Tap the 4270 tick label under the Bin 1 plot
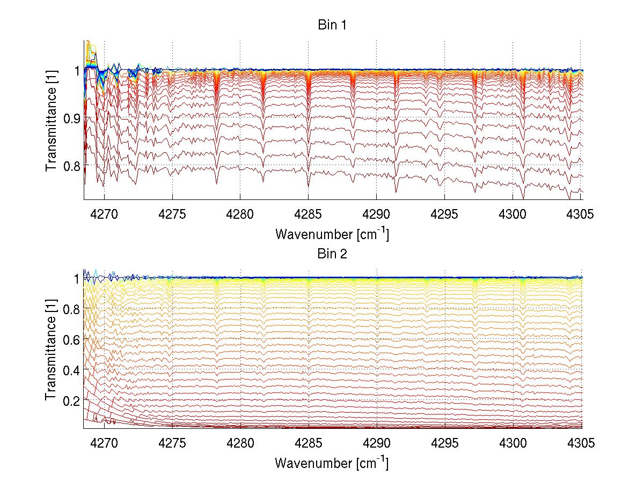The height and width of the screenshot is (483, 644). pos(104,214)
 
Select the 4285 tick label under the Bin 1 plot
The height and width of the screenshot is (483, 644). pos(308,214)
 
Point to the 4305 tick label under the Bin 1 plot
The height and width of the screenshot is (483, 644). pos(580,214)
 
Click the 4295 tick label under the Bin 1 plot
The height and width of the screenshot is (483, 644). pos(444,214)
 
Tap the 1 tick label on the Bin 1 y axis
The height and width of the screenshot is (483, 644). pos(77,71)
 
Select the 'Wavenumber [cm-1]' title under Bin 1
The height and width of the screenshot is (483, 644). pos(332,234)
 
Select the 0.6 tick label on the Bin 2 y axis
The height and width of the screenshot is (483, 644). pos(72,339)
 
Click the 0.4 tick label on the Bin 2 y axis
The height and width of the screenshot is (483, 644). pos(72,370)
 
